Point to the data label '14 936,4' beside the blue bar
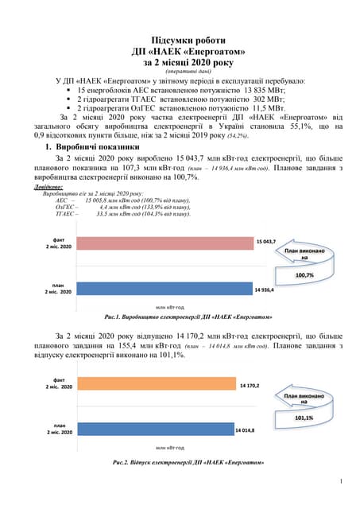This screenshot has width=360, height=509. click(x=267, y=291)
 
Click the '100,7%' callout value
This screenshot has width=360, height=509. click(x=304, y=274)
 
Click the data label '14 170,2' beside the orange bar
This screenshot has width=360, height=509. click(x=251, y=386)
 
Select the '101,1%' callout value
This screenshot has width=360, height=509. click(x=304, y=418)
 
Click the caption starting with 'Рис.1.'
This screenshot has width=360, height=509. click(x=179, y=317)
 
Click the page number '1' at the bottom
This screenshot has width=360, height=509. click(x=340, y=480)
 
